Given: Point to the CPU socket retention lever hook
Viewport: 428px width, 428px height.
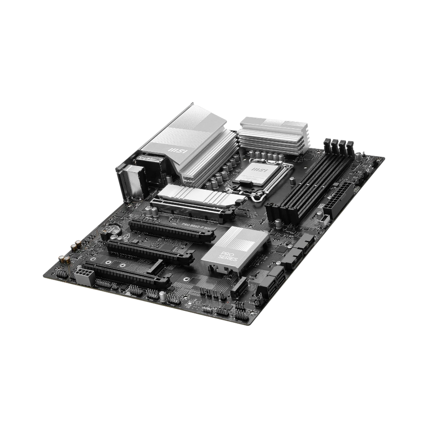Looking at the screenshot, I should click(x=258, y=197).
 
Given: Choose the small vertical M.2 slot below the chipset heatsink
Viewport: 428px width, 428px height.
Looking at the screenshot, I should click(x=238, y=284).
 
